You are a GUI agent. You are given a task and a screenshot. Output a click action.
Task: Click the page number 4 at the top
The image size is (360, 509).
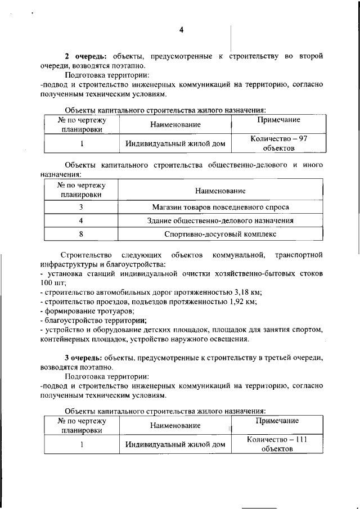[x=181, y=30]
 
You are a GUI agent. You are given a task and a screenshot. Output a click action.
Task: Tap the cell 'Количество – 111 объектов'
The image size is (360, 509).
[x=277, y=444]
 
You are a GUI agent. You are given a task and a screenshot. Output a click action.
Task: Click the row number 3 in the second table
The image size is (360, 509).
[x=81, y=207]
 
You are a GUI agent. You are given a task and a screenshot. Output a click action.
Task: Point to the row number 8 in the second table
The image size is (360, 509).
[x=81, y=234]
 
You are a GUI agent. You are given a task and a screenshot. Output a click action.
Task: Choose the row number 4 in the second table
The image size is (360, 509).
[x=81, y=220]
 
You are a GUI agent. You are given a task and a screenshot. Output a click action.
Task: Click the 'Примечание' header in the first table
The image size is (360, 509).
[x=278, y=120]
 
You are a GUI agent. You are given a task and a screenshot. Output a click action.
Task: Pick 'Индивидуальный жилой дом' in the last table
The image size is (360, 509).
[x=175, y=445]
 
